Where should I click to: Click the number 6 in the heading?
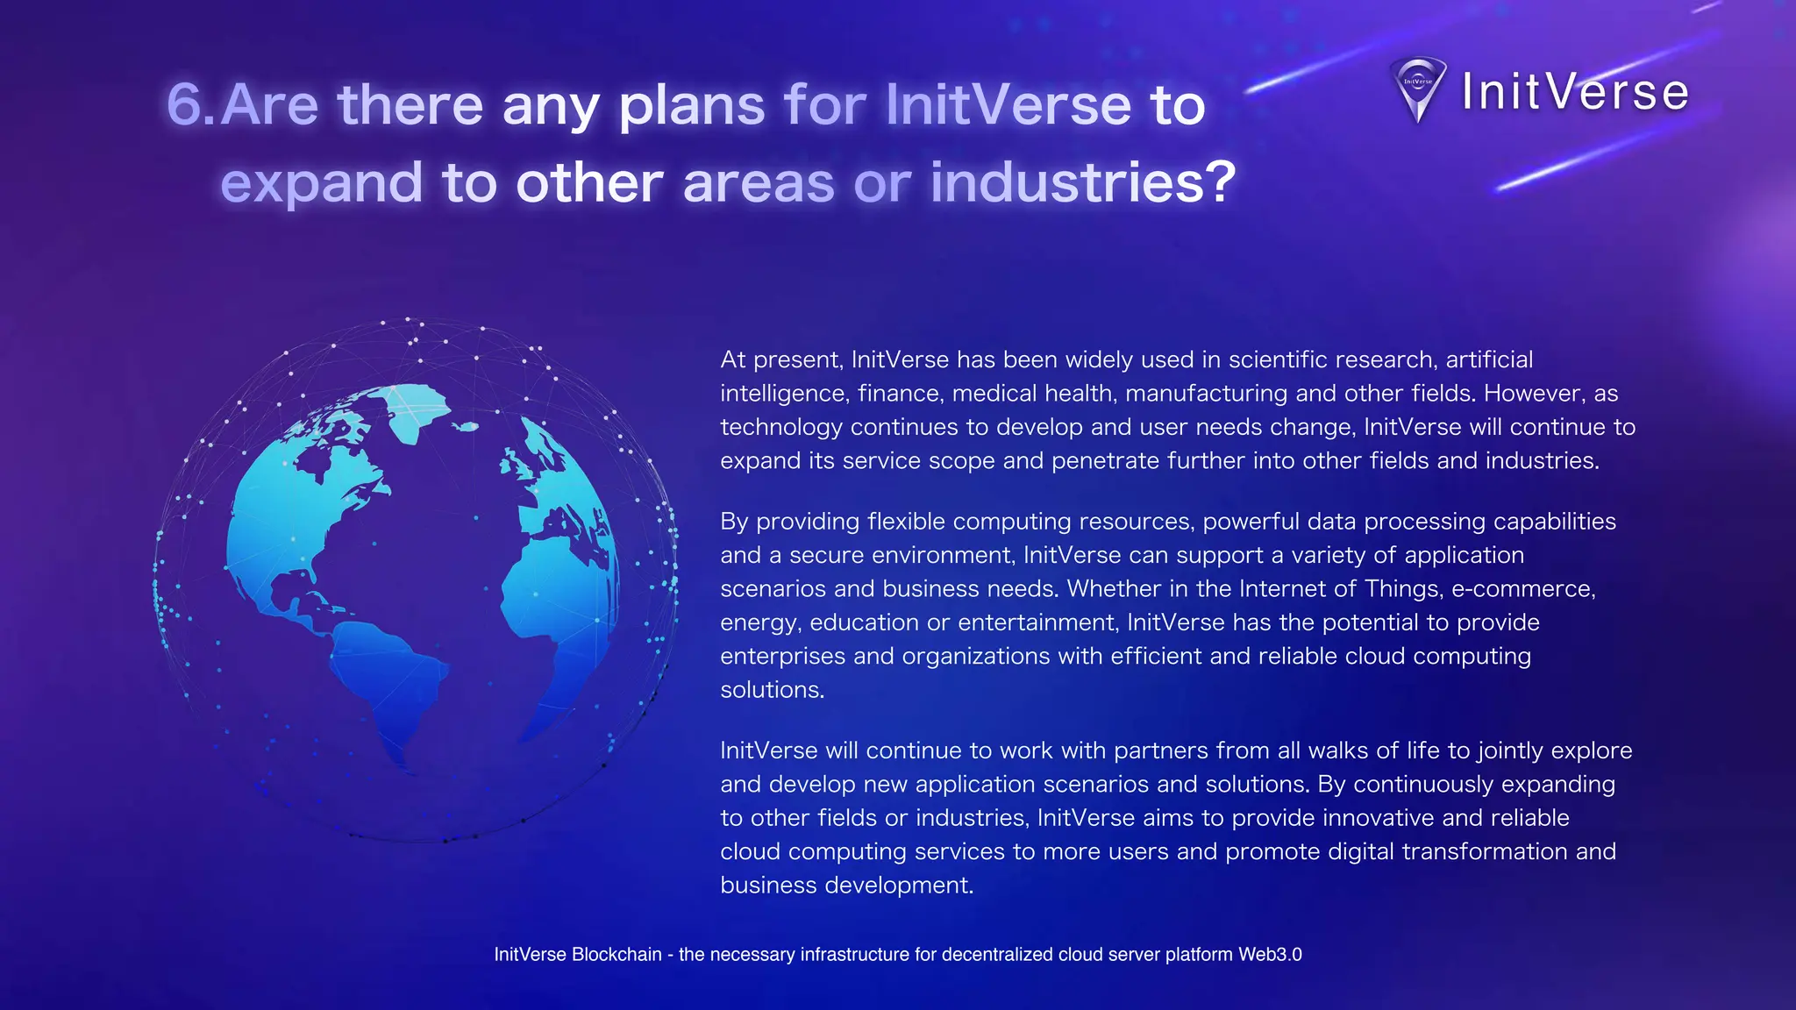pos(185,105)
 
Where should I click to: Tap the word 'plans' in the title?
pos(692,105)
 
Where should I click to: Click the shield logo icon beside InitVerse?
pos(1418,89)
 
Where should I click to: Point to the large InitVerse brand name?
pos(1575,92)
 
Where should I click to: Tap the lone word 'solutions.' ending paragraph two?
pos(773,690)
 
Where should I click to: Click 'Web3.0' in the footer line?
pos(1270,955)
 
